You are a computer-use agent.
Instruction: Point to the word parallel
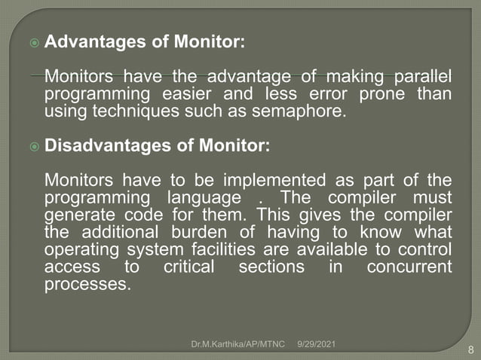[419, 78]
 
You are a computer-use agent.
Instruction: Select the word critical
[185, 267]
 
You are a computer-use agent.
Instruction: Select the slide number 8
[470, 349]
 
